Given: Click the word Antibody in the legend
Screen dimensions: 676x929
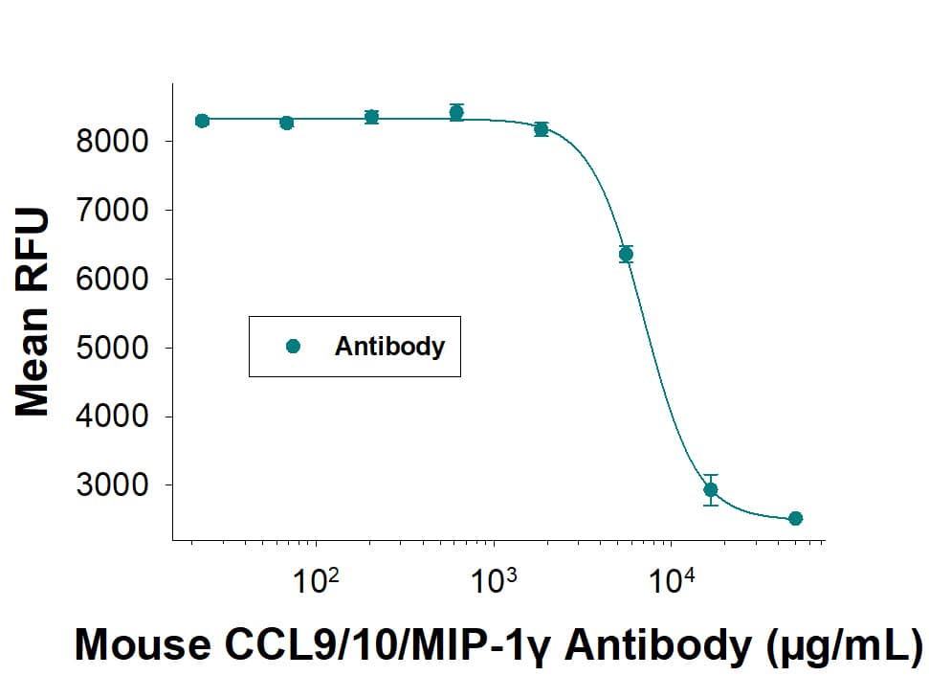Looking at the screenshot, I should [x=389, y=347].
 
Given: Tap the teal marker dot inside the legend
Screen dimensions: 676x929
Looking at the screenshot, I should [x=293, y=347].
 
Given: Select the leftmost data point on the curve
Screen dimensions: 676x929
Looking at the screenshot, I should [x=202, y=121].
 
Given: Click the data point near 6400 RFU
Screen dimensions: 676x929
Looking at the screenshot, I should [x=626, y=254].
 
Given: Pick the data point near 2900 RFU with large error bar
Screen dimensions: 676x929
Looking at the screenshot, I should [x=710, y=489].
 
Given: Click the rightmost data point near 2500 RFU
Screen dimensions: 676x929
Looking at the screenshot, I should [x=795, y=518].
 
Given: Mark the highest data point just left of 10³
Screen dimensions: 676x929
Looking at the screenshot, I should [x=456, y=113].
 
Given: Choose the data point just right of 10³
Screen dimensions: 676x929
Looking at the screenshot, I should [x=542, y=129].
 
